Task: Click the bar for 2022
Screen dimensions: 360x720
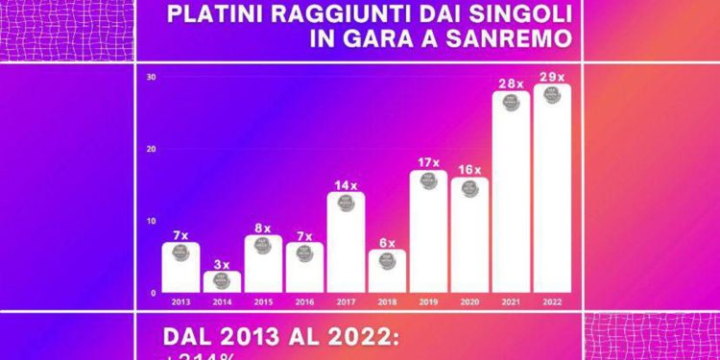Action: (552, 192)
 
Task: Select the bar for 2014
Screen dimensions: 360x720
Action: (221, 282)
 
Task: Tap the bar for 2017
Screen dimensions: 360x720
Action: (345, 245)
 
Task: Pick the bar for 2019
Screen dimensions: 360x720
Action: (428, 235)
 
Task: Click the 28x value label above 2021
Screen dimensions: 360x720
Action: (511, 84)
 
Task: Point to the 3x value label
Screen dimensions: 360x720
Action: (221, 264)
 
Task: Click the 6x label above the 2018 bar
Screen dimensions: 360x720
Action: (387, 243)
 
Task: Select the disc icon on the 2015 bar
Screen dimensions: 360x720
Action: (262, 245)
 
